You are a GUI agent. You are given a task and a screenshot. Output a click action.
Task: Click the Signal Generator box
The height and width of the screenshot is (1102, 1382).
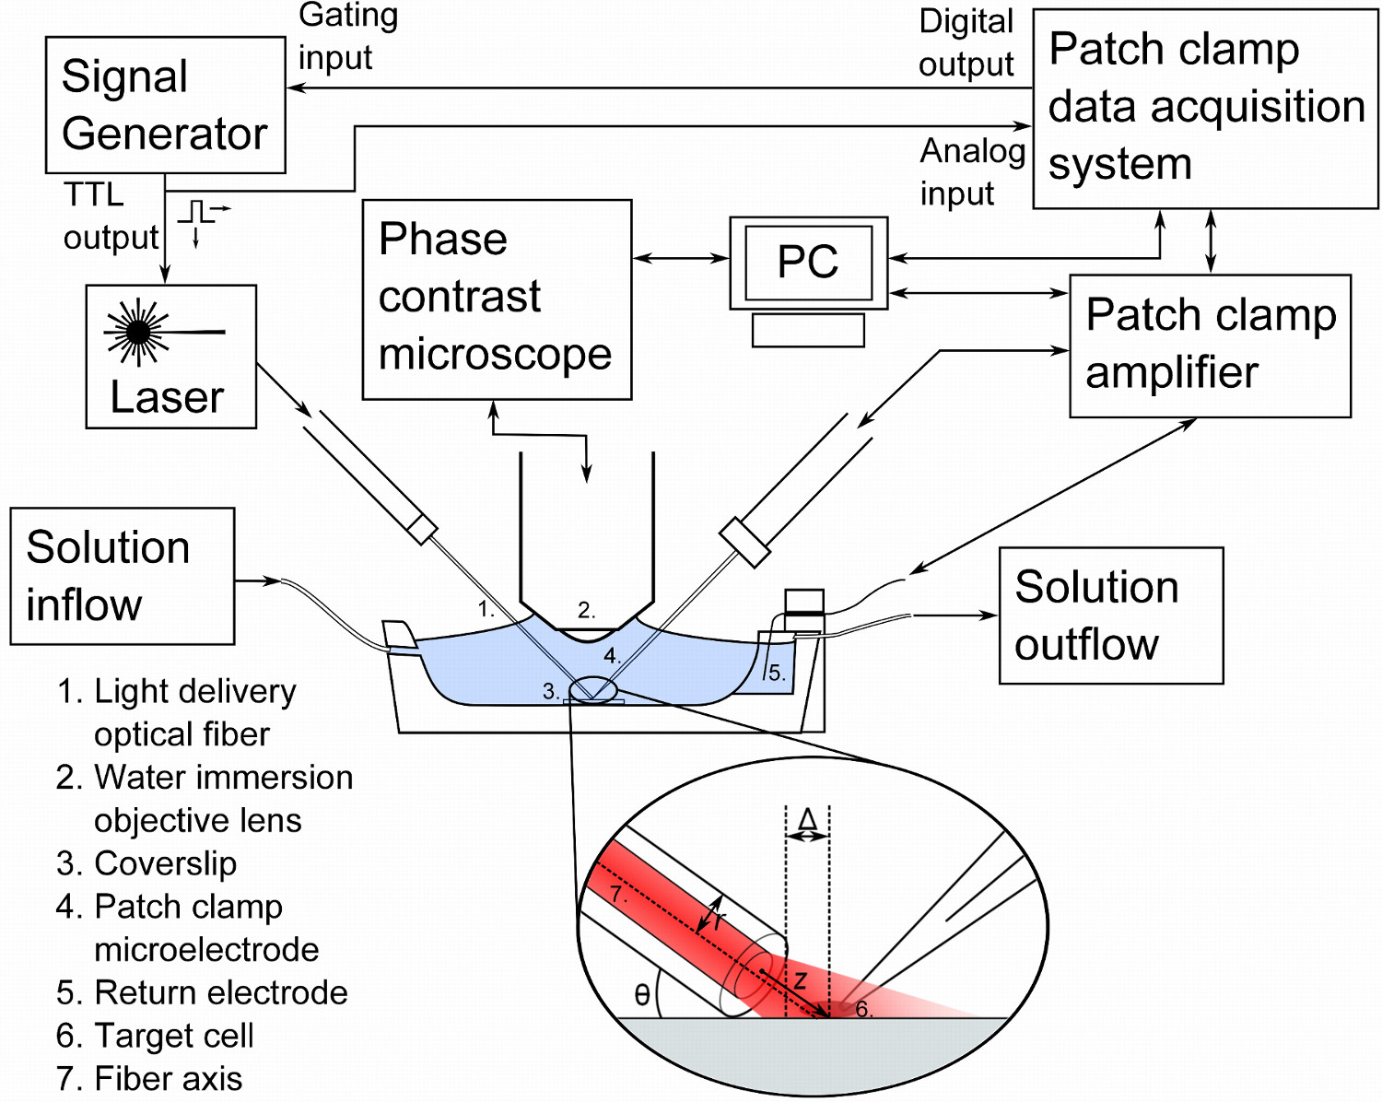tap(165, 105)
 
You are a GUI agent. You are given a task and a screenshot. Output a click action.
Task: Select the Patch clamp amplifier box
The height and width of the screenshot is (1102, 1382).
tap(1210, 346)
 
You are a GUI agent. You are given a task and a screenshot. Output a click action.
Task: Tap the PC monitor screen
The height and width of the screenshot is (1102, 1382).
tap(808, 263)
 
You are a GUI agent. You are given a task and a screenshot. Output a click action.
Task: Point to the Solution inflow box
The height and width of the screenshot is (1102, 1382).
tap(122, 576)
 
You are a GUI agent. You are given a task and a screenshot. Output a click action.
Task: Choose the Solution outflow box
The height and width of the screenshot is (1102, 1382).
tap(1110, 615)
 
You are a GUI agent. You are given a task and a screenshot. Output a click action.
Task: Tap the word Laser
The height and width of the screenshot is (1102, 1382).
tap(167, 398)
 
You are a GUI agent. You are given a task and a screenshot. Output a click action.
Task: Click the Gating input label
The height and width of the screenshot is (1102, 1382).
tap(347, 37)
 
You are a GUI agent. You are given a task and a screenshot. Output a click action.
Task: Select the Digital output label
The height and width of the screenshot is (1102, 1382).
tap(966, 43)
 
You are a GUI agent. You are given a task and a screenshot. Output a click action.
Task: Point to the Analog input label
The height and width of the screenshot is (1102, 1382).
tap(972, 172)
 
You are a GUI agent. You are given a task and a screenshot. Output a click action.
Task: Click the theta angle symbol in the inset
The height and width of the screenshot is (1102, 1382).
tap(642, 995)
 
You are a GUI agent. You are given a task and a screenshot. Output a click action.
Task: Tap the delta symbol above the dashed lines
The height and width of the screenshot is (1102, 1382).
tap(807, 819)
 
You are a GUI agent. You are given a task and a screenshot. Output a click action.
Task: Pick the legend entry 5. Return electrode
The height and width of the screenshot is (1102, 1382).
tap(202, 992)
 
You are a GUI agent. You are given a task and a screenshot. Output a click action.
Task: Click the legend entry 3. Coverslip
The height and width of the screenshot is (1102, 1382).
tap(146, 863)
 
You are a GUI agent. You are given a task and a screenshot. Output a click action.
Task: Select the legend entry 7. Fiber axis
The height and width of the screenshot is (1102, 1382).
tap(149, 1078)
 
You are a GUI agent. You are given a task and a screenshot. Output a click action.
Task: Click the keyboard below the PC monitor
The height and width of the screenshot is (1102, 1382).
tap(808, 330)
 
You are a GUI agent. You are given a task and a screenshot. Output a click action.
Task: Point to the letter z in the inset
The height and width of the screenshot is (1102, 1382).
tap(800, 979)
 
